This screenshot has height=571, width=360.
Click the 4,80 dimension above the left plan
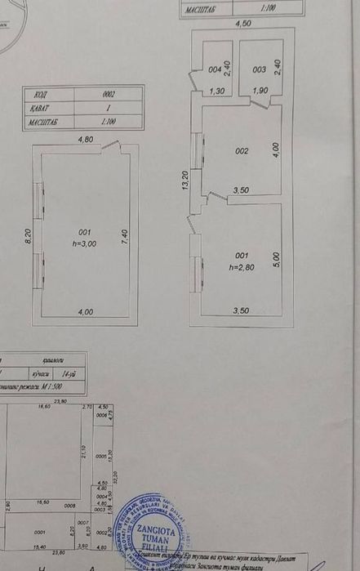[x=86, y=140]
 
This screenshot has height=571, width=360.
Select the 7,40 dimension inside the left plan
[x=124, y=234]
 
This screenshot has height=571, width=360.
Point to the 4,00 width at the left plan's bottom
[x=85, y=311]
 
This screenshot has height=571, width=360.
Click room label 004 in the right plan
[x=215, y=69]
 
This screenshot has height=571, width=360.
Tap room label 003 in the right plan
[x=259, y=69]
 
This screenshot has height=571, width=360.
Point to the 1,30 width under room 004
[x=217, y=91]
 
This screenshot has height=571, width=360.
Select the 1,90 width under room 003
[x=260, y=91]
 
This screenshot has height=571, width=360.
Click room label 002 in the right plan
[x=242, y=151]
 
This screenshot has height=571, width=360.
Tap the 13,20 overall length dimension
[x=185, y=181]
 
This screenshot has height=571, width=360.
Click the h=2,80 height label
[x=241, y=266]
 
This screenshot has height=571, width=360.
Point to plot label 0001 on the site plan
[x=41, y=531]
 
